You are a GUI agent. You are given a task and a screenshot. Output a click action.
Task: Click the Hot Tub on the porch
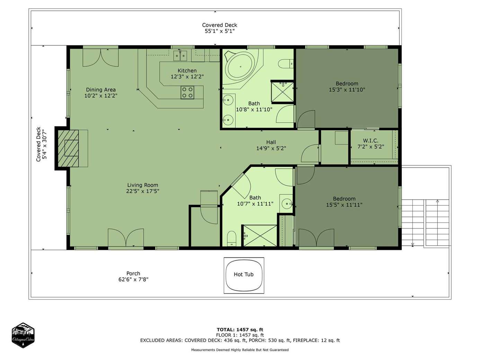[243, 276]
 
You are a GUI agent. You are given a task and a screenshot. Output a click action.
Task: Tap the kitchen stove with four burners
[187, 92]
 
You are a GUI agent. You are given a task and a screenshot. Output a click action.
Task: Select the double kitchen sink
[180, 56]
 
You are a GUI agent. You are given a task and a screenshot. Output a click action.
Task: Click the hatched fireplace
[68, 148]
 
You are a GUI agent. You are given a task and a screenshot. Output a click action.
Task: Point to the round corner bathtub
[241, 67]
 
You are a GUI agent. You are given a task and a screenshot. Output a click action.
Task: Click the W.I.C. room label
[371, 141]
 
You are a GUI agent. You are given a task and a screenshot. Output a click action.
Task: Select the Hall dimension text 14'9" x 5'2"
[271, 148]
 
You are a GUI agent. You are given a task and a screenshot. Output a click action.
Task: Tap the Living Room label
[143, 185]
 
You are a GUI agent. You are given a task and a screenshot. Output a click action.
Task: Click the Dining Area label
[101, 90]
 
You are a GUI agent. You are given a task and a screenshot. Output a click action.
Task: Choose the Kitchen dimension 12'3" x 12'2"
[187, 77]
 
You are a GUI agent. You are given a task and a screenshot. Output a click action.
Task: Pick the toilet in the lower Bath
[232, 239]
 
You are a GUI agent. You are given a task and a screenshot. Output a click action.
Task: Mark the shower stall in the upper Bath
[283, 92]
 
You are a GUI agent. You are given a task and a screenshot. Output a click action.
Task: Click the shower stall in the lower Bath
[260, 236]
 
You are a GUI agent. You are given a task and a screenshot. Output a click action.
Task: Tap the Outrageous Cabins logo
[23, 335]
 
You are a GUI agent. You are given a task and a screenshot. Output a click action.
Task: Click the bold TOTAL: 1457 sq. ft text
[240, 330]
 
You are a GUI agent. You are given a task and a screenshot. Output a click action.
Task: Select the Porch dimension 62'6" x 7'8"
[133, 280]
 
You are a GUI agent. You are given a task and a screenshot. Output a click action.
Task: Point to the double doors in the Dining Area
[100, 57]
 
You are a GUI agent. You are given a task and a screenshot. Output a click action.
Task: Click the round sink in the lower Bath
[286, 204]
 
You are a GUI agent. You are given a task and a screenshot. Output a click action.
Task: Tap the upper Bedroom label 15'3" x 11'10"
[347, 90]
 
